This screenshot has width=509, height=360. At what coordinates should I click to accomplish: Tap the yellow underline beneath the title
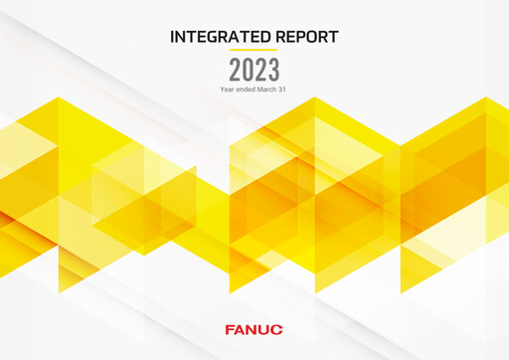(254, 50)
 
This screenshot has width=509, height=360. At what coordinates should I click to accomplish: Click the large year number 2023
(254, 70)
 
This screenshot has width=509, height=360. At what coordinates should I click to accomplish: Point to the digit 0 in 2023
(248, 70)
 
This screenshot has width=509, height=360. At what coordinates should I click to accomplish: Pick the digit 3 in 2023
(273, 70)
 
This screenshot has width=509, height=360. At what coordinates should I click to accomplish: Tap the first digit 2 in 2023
(236, 70)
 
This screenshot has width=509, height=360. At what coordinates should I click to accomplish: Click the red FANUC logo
(254, 328)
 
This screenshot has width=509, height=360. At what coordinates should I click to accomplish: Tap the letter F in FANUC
(231, 328)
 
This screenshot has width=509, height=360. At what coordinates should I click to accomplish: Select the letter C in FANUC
(277, 328)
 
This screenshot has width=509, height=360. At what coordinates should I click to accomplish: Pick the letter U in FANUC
(265, 328)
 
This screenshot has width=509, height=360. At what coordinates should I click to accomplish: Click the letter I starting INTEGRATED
(173, 37)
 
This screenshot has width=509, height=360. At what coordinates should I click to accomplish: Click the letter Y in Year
(222, 90)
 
